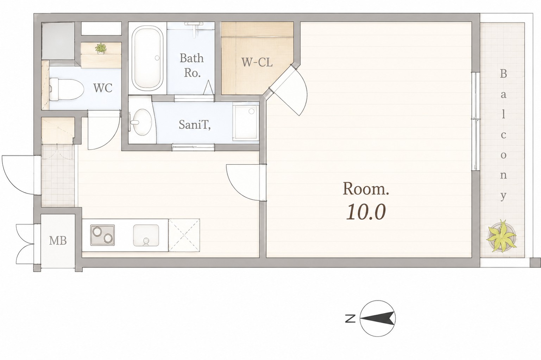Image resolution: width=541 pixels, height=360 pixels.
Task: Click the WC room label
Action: coord(103,88)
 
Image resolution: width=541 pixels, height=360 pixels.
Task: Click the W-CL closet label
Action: coord(257,62)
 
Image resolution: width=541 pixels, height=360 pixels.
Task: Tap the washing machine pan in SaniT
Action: coord(245,123)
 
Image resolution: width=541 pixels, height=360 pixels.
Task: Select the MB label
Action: coord(58,240)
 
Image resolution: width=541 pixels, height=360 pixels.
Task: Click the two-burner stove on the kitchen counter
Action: coord(102,235)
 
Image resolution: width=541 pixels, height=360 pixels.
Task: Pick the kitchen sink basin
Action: coord(146,235)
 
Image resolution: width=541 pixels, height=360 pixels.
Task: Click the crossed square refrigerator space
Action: coord(184,235)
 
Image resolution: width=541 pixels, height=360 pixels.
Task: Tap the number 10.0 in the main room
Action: coord(366,212)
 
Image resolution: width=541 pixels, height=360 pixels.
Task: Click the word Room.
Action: coord(365,189)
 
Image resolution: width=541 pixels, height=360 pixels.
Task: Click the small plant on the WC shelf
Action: coord(101,49)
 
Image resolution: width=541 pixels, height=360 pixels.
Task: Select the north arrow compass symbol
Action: coord(377,318)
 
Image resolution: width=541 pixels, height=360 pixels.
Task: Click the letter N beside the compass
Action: coord(350,319)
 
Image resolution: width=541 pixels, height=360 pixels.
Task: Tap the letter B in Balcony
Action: coord(503,74)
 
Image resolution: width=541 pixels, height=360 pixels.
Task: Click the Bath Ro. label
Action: coord(192,65)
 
